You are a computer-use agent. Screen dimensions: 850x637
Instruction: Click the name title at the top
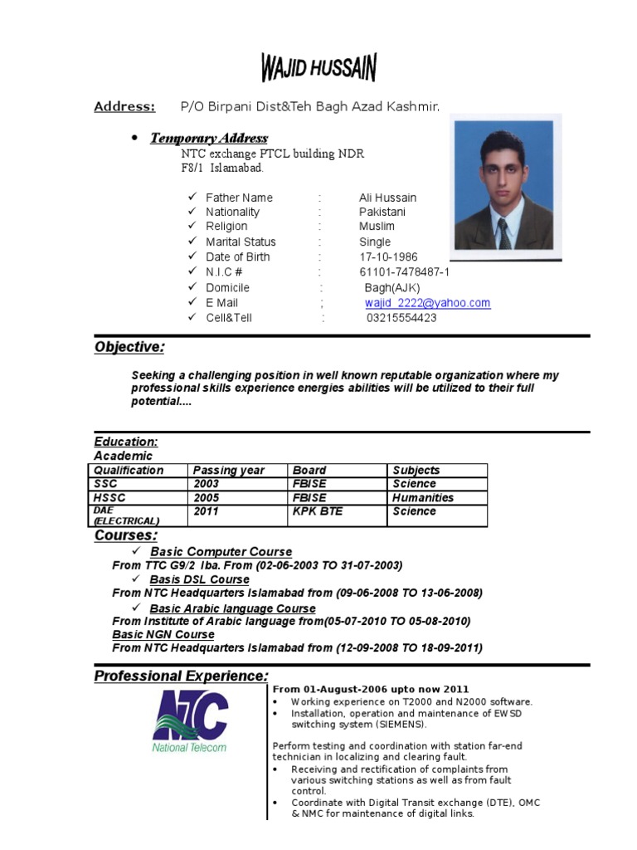tap(318, 68)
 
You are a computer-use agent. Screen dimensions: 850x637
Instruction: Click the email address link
tap(427, 303)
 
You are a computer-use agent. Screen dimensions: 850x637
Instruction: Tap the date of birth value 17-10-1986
tap(388, 257)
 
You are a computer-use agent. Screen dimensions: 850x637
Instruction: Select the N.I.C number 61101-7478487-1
tap(404, 272)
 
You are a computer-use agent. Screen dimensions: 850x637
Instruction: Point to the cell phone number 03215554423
tap(401, 318)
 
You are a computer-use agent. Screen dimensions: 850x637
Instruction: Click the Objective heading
tap(129, 347)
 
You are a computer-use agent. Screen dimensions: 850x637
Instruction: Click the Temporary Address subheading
tap(208, 138)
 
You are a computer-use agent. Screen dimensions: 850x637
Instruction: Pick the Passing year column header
tap(229, 470)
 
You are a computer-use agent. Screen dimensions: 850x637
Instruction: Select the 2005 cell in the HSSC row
tap(207, 497)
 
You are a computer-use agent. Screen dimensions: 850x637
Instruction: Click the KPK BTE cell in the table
tap(317, 511)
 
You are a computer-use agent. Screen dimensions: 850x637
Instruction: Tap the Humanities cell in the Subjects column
tap(423, 497)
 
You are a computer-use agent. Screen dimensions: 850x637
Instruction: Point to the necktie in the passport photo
tap(503, 233)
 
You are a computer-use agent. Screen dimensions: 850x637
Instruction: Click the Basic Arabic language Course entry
tap(232, 608)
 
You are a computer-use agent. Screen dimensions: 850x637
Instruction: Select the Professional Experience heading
tap(181, 676)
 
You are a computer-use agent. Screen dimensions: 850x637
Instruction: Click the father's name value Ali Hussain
tap(387, 198)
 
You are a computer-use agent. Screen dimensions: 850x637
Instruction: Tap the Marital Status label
tap(241, 242)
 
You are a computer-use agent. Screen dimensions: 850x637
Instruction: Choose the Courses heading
tap(125, 535)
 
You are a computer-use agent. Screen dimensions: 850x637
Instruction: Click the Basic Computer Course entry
tap(221, 551)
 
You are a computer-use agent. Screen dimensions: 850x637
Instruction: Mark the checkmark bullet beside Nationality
tap(191, 212)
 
